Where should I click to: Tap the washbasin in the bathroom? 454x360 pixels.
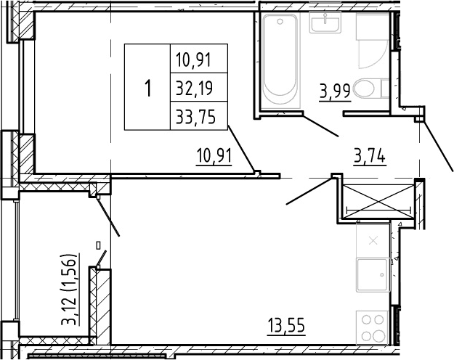pyautogui.click(x=325, y=22)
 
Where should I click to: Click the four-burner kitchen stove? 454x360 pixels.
pyautogui.click(x=372, y=328)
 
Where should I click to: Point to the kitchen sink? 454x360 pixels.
pyautogui.click(x=373, y=275)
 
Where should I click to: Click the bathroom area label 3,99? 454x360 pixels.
pyautogui.click(x=335, y=91)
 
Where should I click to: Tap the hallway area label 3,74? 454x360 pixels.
pyautogui.click(x=370, y=157)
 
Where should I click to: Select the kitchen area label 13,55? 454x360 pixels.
pyautogui.click(x=286, y=326)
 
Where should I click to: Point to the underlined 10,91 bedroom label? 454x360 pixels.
pyautogui.click(x=214, y=156)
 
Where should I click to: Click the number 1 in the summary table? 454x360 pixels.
pyautogui.click(x=148, y=89)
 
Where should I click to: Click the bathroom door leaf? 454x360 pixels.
pyautogui.click(x=320, y=126)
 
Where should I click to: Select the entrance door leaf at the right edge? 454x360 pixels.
pyautogui.click(x=438, y=147)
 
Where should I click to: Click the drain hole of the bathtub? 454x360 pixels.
pyautogui.click(x=280, y=22)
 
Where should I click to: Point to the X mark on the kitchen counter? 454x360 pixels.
pyautogui.click(x=373, y=240)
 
